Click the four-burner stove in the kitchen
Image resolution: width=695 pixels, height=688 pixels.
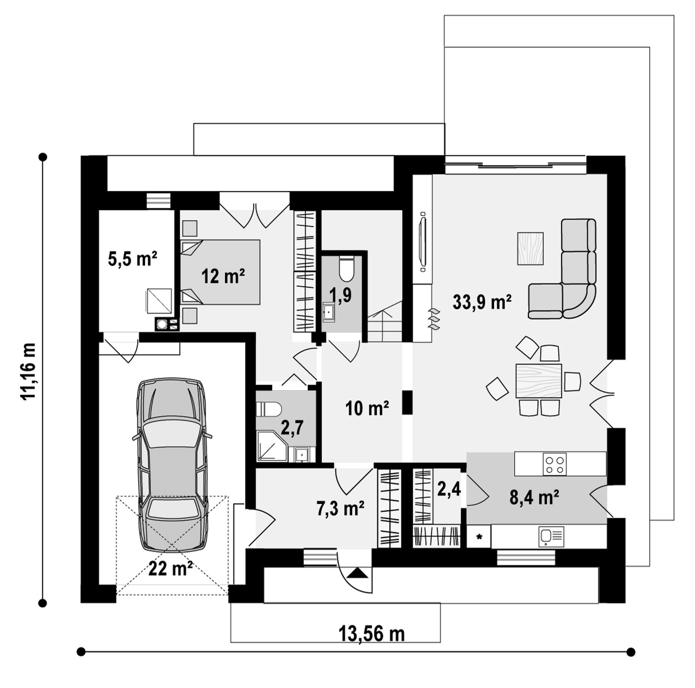coord(554,464)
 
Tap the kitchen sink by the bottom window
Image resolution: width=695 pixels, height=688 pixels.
coord(551,537)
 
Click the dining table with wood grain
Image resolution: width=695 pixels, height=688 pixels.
coord(539,381)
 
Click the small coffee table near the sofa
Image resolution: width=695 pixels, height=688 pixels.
coord(530,249)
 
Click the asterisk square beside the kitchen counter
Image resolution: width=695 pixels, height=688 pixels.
coord(479,537)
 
